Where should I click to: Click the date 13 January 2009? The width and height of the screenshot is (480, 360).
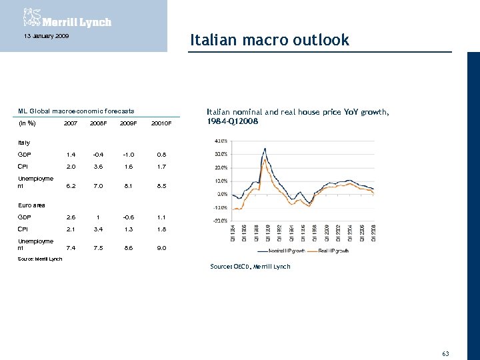44,35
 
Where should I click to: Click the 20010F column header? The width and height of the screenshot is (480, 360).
161,123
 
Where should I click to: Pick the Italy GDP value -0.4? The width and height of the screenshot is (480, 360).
99,154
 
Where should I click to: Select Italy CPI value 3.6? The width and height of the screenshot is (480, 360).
99,167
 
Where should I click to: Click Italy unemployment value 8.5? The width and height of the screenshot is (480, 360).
161,187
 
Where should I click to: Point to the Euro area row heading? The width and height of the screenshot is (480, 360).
31,205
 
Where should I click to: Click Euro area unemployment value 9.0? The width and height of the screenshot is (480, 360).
161,248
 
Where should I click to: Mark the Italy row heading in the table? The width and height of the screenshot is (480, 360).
24,143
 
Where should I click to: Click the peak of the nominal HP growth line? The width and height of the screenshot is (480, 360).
265,148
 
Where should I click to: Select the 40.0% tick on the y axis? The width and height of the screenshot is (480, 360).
221,141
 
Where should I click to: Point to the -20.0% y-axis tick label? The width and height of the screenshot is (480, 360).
220,221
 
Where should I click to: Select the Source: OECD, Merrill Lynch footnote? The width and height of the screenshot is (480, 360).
250,267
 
